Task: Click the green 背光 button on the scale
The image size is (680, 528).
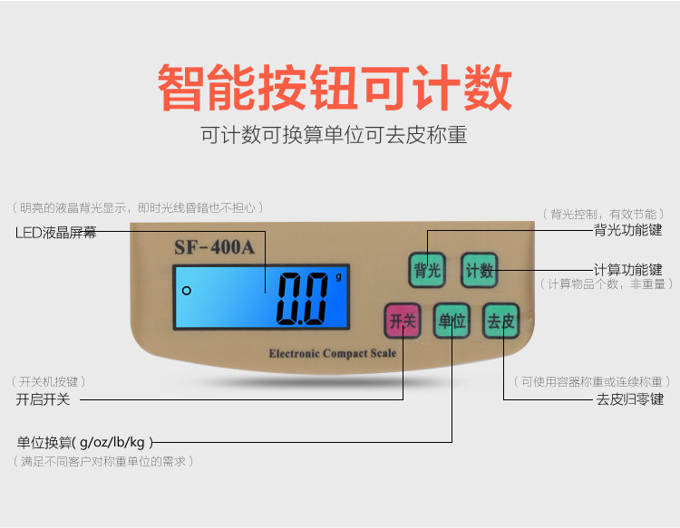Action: (x=427, y=270)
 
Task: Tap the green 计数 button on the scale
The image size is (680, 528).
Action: (x=479, y=270)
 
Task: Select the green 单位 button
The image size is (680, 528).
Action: (x=452, y=321)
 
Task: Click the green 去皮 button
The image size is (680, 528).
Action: (x=500, y=321)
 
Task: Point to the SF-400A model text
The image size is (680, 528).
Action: (x=214, y=246)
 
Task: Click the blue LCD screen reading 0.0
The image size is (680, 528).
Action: (x=261, y=296)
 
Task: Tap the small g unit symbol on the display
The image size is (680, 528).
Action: (x=338, y=277)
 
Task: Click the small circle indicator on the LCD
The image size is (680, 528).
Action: (x=186, y=291)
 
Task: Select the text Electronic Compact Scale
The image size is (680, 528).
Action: (x=332, y=353)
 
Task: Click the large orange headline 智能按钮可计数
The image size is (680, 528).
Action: (x=335, y=88)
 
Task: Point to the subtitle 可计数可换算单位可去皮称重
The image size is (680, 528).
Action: (x=334, y=136)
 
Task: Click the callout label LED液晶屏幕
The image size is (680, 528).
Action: (x=55, y=233)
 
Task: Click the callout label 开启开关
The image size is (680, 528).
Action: (x=43, y=399)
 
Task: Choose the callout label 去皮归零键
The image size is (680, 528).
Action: (x=629, y=399)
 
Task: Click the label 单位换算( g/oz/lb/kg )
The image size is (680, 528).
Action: (x=85, y=442)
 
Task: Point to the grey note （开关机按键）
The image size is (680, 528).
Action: (x=53, y=381)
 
